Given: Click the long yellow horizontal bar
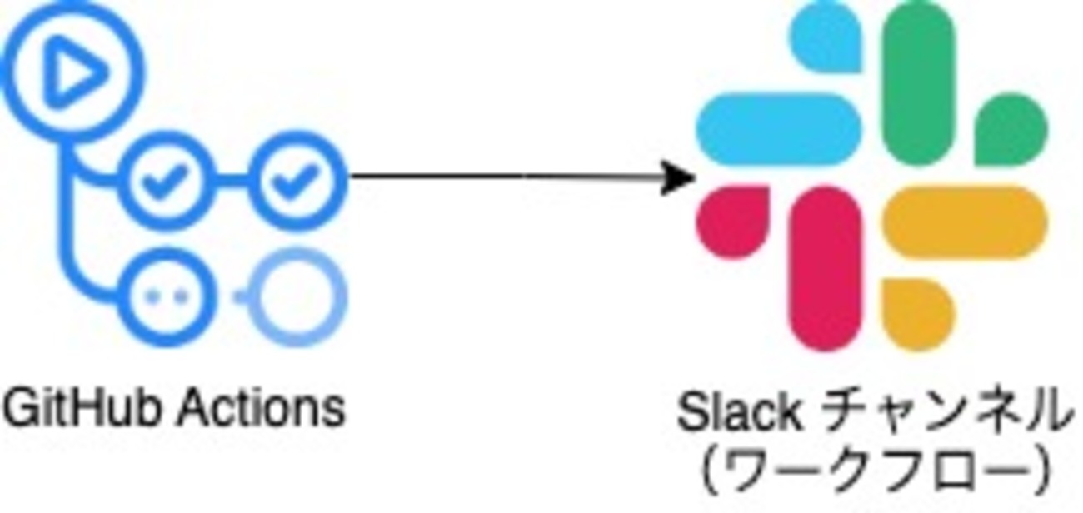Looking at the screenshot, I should (966, 222).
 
